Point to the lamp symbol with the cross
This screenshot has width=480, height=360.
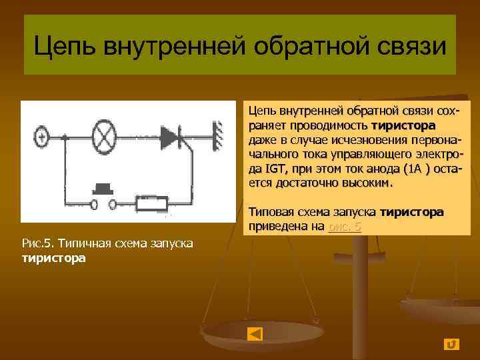click(x=103, y=138)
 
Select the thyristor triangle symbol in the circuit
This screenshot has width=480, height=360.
click(x=171, y=138)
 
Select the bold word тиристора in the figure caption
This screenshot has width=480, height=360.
click(x=53, y=257)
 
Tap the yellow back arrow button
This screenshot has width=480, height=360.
click(x=255, y=333)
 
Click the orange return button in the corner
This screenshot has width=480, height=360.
click(x=451, y=343)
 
